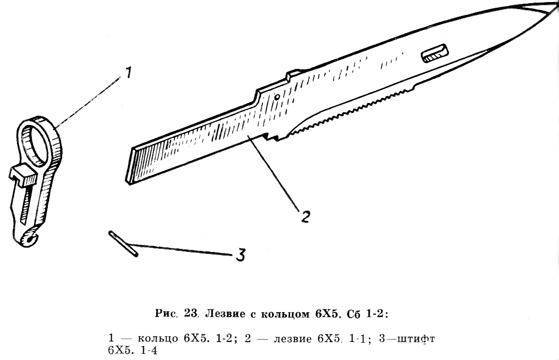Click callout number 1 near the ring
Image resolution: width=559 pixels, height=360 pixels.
click(x=128, y=73)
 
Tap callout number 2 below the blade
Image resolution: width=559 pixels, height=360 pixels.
click(x=306, y=216)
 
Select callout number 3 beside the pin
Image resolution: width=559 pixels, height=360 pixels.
click(x=241, y=254)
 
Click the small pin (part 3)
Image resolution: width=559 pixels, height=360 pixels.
click(x=123, y=244)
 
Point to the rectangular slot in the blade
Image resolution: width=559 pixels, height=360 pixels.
click(x=435, y=53)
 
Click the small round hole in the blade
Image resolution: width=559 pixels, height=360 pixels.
click(x=276, y=97)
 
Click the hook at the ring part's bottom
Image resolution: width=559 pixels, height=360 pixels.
click(x=29, y=238)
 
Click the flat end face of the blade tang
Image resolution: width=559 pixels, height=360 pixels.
click(x=130, y=166)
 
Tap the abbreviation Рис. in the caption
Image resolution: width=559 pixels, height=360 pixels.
click(x=166, y=314)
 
